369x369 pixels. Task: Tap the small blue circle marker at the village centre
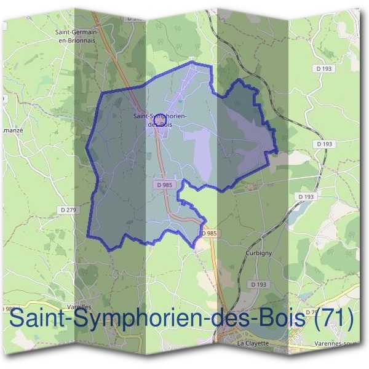coord(158,117)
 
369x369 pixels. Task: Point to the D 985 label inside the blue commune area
coord(164,184)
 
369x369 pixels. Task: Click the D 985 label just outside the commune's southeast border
coord(209,234)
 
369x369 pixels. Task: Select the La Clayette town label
coord(253,343)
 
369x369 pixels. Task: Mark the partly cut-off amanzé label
coord(12,131)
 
